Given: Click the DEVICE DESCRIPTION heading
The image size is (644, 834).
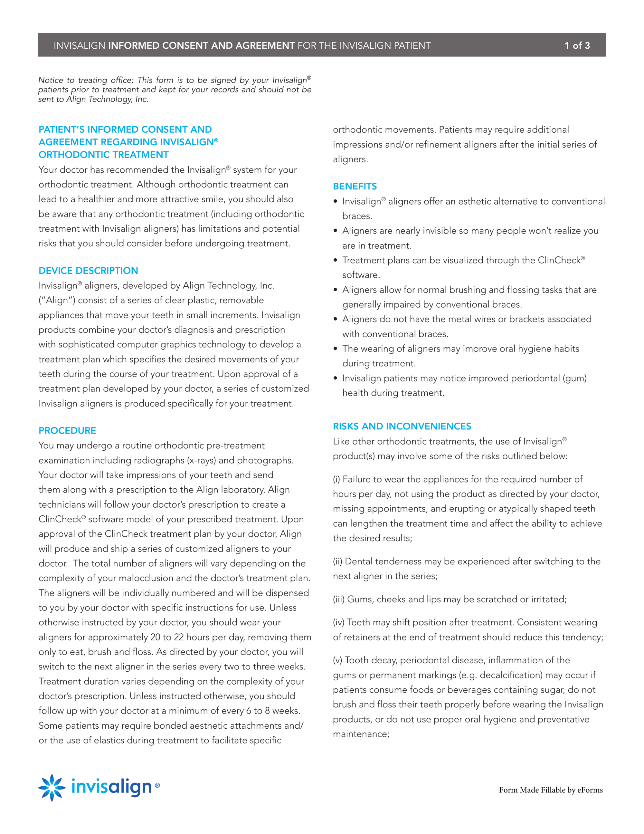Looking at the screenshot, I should click(88, 270).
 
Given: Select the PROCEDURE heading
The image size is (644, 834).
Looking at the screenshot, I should click(67, 430).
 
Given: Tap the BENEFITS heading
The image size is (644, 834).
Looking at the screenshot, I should click(355, 186).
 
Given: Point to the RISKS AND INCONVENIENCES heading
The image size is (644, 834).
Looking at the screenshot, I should click(402, 426).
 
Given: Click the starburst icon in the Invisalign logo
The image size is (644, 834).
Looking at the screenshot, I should click(52, 787).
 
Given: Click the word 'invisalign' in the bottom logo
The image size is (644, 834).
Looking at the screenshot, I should click(111, 787).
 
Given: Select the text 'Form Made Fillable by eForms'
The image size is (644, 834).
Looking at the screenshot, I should click(551, 790).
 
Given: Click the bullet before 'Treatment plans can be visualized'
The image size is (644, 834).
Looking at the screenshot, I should click(335, 260).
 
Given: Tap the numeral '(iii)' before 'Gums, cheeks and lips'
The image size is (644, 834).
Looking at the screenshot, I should click(339, 599).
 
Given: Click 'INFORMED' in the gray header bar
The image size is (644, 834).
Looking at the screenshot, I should click(134, 45).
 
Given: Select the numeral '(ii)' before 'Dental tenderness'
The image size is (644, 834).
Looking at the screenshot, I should click(337, 561).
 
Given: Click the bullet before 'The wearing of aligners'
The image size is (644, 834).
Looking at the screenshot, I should click(335, 349).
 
